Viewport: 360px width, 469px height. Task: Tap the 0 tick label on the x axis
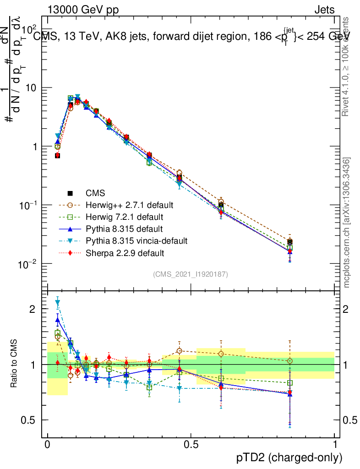(48, 444)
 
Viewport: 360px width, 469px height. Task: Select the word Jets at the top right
(324, 10)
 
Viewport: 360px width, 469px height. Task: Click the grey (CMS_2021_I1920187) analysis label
(191, 274)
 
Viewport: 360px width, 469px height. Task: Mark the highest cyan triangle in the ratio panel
(58, 303)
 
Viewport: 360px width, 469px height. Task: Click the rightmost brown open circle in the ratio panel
(289, 361)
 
